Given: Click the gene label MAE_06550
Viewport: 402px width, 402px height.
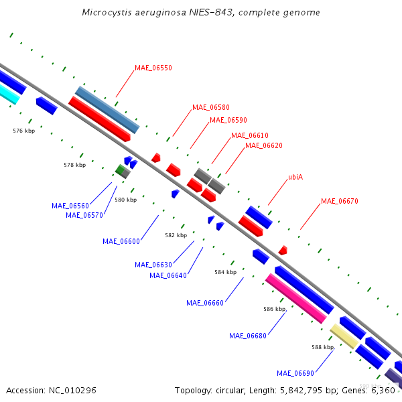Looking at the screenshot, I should (153, 68).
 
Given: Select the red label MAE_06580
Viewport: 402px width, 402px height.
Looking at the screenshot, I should (210, 107).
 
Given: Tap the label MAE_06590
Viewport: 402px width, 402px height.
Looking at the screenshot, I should (228, 121).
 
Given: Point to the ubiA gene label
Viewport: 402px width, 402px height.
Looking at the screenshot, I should (295, 178).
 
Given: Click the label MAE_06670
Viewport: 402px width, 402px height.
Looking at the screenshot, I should (339, 201).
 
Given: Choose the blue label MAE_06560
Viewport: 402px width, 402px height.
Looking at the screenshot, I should (70, 206).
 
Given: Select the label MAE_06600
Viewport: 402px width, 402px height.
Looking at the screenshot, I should (121, 241).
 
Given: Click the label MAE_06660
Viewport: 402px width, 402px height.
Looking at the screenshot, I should (205, 303).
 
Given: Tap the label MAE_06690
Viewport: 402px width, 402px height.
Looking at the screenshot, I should (295, 373).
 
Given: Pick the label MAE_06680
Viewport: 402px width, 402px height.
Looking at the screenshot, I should (248, 336).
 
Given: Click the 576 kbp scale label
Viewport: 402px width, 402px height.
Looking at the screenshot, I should (24, 131).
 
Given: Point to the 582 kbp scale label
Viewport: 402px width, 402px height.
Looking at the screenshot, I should (176, 235).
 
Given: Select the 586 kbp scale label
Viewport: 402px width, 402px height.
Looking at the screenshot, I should (275, 309).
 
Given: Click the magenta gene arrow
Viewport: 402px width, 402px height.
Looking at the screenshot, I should (295, 299).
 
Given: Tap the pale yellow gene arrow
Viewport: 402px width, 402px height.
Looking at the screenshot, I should (344, 336).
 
